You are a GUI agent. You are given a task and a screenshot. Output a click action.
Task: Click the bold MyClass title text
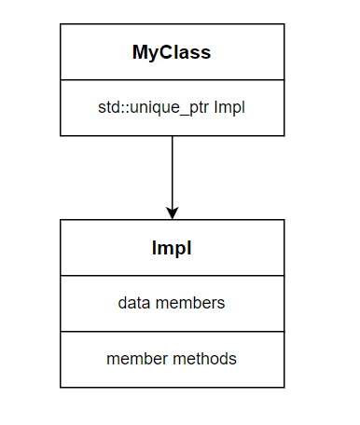tap(172, 52)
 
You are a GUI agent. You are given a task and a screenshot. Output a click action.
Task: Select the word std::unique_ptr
tap(153, 108)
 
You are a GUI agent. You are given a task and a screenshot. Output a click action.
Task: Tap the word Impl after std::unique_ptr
tap(229, 107)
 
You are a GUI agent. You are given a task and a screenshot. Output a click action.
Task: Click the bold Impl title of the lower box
tap(172, 248)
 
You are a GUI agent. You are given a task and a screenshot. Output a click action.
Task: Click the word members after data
tap(190, 303)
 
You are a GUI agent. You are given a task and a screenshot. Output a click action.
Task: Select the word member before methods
tap(137, 359)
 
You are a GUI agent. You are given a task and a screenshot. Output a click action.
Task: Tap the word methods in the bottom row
tap(204, 359)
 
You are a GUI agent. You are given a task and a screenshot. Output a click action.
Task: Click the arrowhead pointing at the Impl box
tap(173, 213)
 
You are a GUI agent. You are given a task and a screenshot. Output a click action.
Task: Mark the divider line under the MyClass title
tap(173, 80)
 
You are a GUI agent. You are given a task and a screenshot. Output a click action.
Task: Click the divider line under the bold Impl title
tap(173, 276)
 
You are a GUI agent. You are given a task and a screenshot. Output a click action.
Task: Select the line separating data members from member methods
tap(173, 332)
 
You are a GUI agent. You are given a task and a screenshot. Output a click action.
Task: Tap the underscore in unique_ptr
tap(184, 115)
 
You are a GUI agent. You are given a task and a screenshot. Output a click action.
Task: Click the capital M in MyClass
tap(141, 52)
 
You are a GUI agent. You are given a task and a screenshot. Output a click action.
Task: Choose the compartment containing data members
tap(173, 304)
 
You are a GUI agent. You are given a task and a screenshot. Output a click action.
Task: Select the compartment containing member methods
tap(173, 360)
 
